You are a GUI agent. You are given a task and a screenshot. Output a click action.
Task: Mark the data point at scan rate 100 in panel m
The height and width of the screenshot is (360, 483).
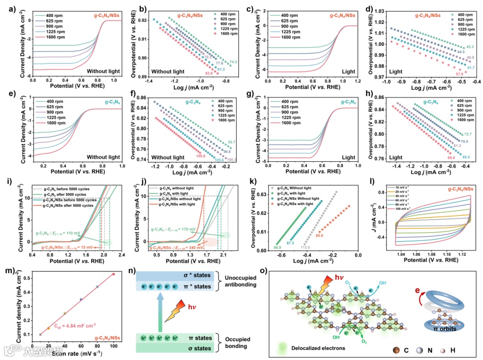pyautogui.click(x=114, y=274)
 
